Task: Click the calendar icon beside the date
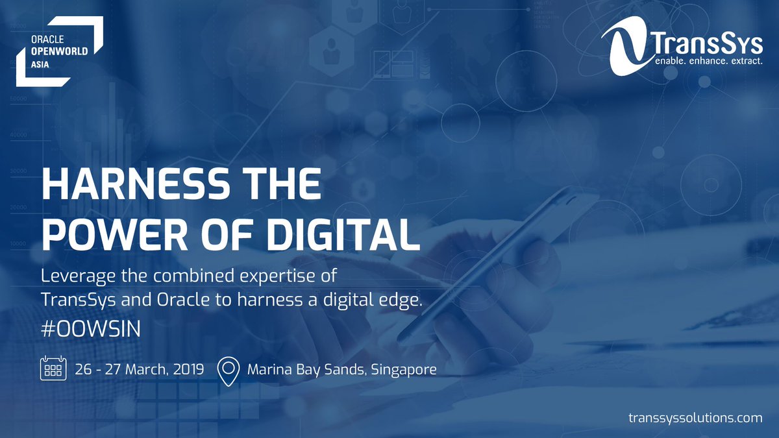[x=52, y=369]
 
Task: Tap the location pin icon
[x=227, y=370]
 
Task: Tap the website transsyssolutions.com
[x=695, y=418]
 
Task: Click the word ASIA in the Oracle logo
[x=41, y=65]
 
